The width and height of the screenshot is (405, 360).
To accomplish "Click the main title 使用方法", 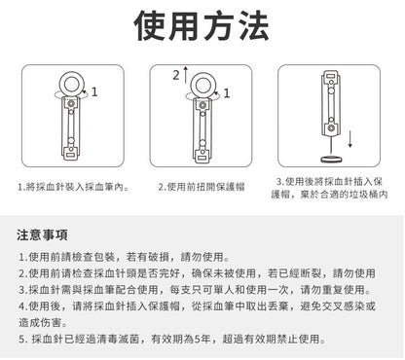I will click(x=202, y=26).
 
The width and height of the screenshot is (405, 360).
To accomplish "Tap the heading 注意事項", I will click(x=43, y=236).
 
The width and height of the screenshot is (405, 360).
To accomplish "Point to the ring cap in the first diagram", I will click(x=71, y=81).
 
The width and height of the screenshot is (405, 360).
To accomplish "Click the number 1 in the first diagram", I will click(x=94, y=92).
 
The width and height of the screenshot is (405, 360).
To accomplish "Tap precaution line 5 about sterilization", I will click(x=176, y=340).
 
